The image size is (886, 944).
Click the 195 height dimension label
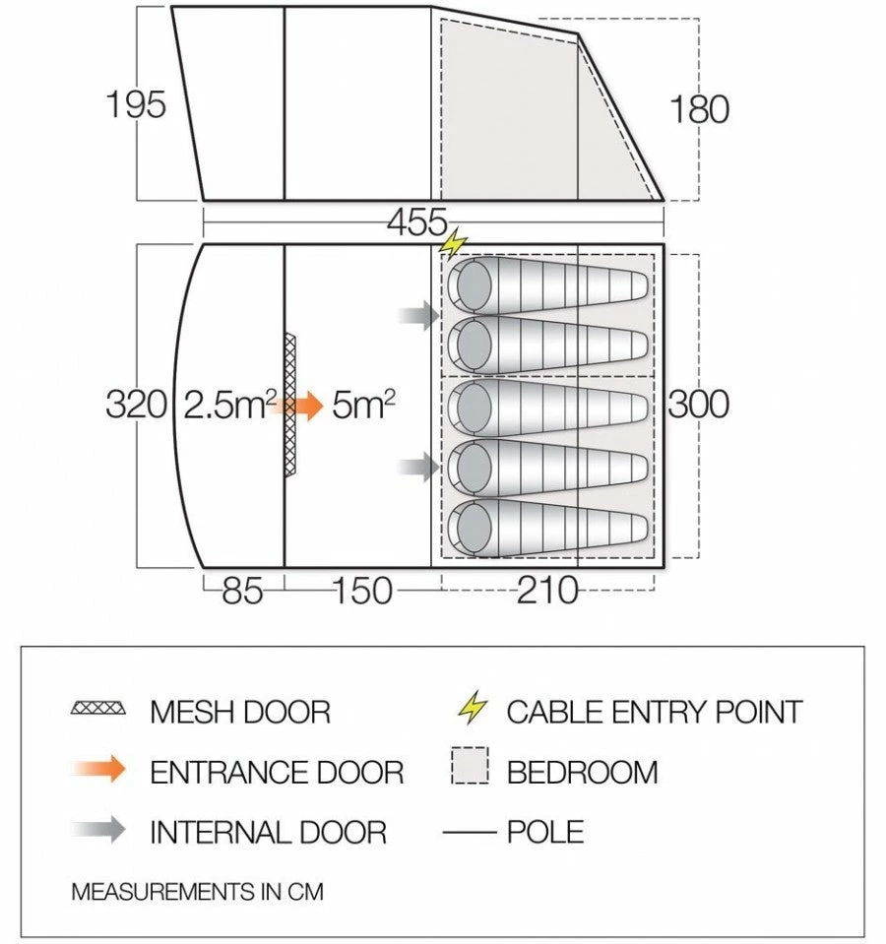[136, 104]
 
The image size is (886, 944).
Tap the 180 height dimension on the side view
[699, 108]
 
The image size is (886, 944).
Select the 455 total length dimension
[416, 223]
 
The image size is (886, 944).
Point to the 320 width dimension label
[136, 405]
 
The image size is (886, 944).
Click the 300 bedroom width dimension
[699, 405]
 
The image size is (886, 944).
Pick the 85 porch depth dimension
[242, 592]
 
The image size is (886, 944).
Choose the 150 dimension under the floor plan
[361, 592]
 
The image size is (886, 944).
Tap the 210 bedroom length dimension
[547, 592]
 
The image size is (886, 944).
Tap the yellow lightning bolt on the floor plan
[454, 242]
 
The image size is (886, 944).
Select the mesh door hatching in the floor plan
[289, 405]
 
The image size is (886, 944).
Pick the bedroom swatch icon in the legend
[471, 766]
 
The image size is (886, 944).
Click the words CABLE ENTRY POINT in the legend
[655, 712]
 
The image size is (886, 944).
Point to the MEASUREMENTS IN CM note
[197, 893]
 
